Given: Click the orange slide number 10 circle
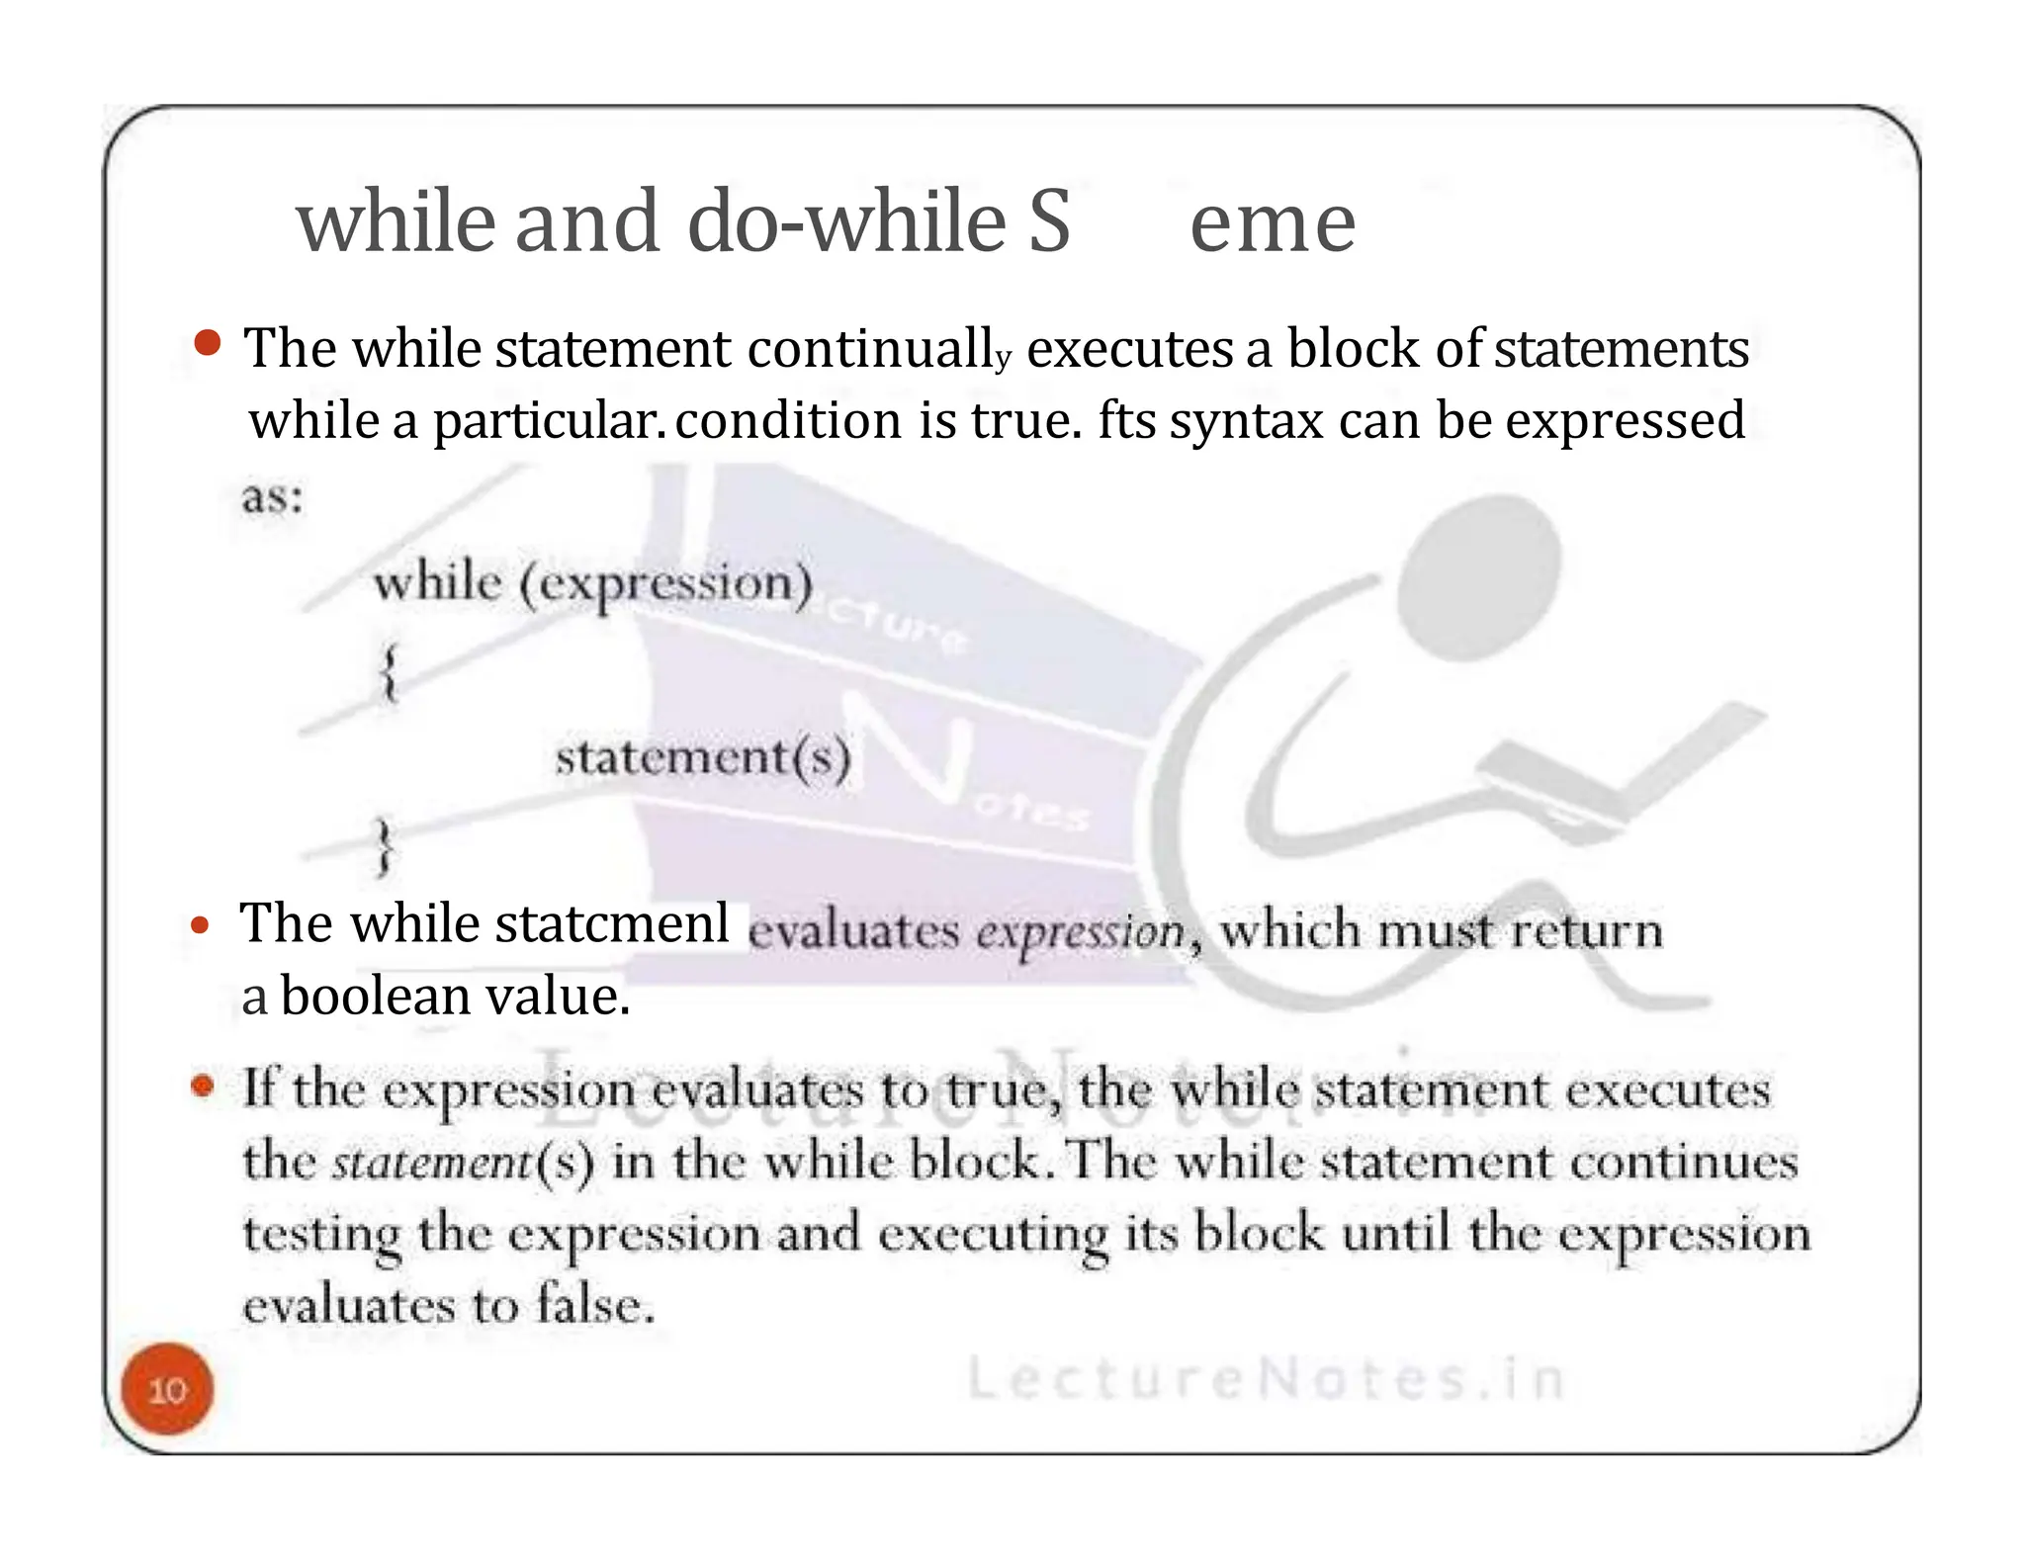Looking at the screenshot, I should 167,1389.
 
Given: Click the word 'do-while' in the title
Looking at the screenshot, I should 845,221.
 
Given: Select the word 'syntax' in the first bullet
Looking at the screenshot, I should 1246,421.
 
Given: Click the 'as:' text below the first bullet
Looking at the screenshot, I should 272,496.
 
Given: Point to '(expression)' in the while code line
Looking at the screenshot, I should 665,583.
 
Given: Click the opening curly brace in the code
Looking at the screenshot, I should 390,672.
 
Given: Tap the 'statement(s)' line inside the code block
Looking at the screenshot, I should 702,759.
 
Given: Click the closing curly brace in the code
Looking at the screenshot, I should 384,846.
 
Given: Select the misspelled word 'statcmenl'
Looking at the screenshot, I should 612,924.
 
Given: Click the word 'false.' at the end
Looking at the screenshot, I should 595,1305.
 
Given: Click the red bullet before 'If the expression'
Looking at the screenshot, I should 203,1087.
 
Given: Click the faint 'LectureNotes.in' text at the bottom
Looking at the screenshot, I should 1266,1379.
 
